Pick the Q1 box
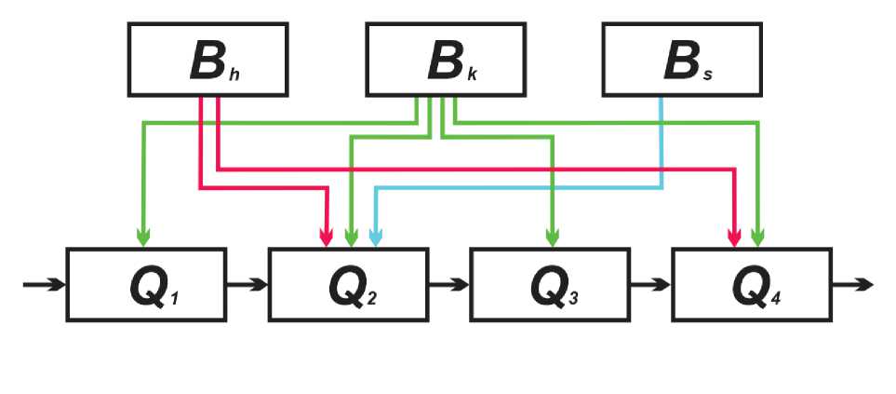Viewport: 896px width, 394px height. tap(146, 284)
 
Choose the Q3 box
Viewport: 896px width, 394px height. tap(549, 284)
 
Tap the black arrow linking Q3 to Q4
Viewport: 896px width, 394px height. tap(650, 284)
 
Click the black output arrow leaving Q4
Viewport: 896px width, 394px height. tap(853, 284)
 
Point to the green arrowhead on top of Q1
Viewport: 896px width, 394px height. tap(143, 238)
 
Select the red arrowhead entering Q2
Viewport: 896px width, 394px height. tap(327, 238)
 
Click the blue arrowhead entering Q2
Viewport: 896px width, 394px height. tap(374, 238)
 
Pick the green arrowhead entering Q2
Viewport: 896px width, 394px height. tap(350, 238)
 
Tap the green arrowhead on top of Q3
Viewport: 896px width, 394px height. tap(552, 238)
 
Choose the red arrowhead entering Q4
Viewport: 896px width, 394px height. tap(734, 238)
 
